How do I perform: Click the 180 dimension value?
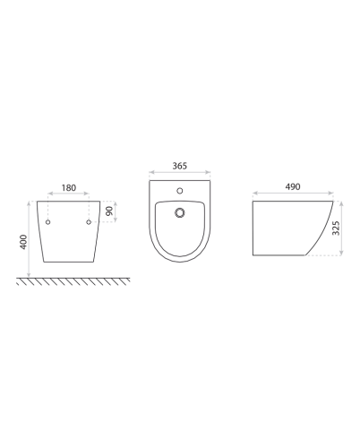pos(68,189)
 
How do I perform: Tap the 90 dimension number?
pos(109,211)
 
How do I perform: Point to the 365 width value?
pos(179,166)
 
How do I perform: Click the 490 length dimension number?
pos(292,186)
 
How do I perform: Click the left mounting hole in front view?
pos(48,221)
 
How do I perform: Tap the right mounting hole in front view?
pos(89,221)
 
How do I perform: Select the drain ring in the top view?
pos(180,212)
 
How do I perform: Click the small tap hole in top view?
pos(180,190)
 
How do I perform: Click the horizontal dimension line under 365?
pos(179,173)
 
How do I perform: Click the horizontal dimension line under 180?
pos(68,195)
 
